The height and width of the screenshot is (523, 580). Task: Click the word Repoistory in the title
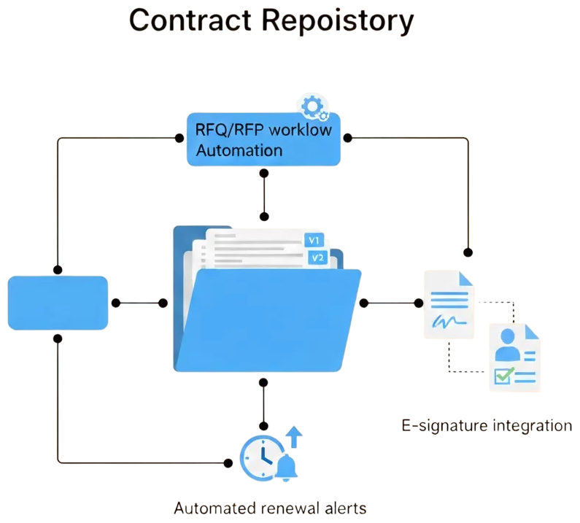pyautogui.click(x=336, y=20)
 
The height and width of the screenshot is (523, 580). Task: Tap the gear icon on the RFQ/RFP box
pyautogui.click(x=313, y=107)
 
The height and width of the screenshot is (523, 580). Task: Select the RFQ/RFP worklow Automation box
pyautogui.click(x=263, y=139)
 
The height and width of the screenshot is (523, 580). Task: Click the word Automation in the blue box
pyautogui.click(x=239, y=150)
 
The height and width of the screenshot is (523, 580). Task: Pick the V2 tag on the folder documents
pyautogui.click(x=317, y=257)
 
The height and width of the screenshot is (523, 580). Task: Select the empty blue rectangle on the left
pyautogui.click(x=58, y=303)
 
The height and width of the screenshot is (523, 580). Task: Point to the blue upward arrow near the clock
pyautogui.click(x=294, y=436)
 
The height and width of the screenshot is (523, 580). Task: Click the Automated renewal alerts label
pyautogui.click(x=270, y=508)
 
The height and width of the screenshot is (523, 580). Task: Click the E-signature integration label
pyautogui.click(x=487, y=425)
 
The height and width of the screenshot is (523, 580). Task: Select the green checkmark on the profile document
pyautogui.click(x=503, y=376)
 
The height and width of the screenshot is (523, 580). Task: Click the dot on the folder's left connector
pyautogui.click(x=163, y=303)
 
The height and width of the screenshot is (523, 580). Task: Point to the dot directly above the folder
pyautogui.click(x=264, y=217)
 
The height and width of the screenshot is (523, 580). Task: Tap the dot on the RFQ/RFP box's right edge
pyautogui.click(x=347, y=137)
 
